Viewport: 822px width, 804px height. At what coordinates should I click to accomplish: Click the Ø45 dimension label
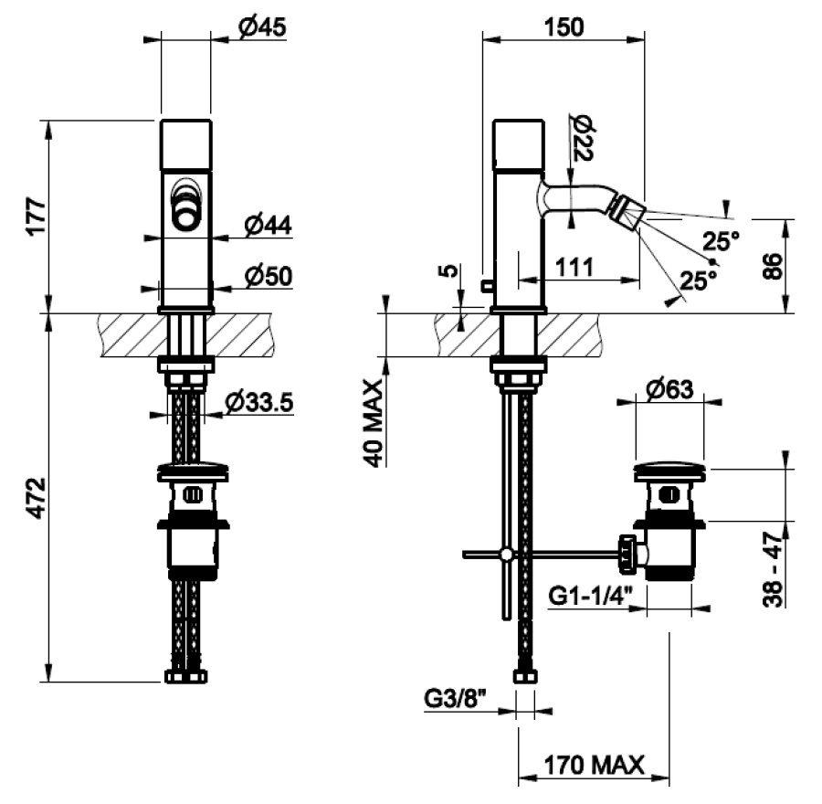point(262,27)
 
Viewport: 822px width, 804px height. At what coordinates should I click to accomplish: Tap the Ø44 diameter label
point(268,224)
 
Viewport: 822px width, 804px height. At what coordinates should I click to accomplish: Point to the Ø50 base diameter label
point(268,275)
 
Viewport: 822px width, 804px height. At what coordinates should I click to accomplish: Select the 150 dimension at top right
point(563,26)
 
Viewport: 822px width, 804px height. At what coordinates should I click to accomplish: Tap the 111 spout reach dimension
point(574,268)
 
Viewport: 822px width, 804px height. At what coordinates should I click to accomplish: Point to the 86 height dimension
point(773,267)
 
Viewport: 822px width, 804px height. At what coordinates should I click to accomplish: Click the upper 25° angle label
point(721,242)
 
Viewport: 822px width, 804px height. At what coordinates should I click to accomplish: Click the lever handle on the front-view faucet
point(186,206)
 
